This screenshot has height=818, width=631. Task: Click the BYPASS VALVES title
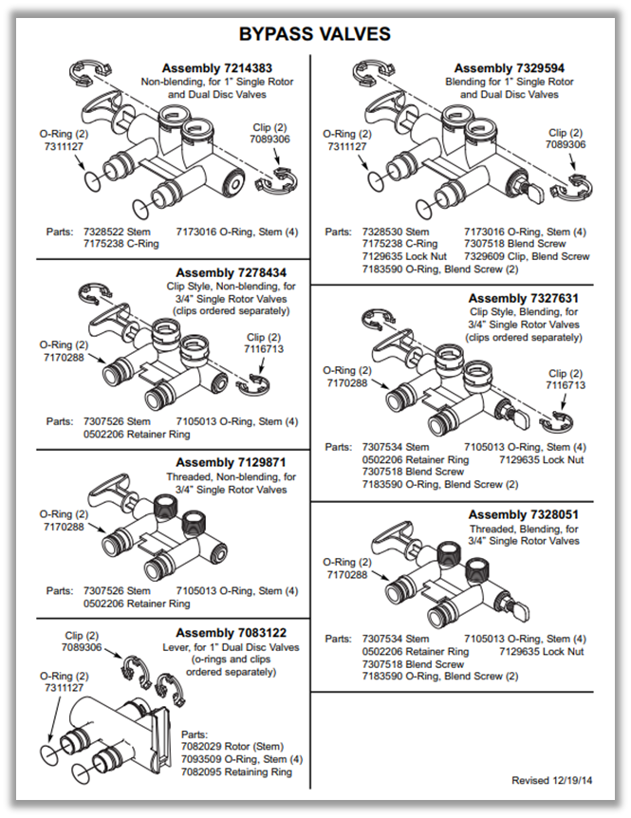coord(314,34)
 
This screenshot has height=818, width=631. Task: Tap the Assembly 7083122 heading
coord(231,633)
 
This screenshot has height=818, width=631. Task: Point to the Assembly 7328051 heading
coord(523,514)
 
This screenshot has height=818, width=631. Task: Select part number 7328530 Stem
coord(396,232)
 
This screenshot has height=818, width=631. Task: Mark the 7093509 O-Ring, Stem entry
coord(241,759)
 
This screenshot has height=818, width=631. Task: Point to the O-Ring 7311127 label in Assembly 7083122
coord(63,682)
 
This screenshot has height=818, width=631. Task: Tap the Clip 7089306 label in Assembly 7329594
coord(565,139)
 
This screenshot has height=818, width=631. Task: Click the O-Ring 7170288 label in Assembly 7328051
coord(346,567)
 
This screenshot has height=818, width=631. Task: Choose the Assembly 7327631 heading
coord(523,298)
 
